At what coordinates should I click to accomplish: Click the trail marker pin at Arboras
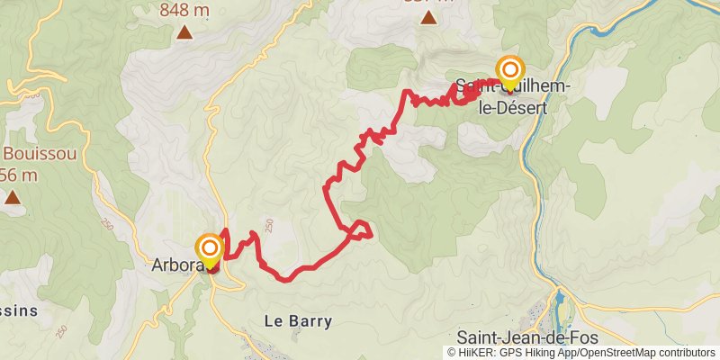pyautogui.click(x=210, y=251)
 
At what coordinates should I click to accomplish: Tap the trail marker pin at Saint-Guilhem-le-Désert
pyautogui.click(x=510, y=72)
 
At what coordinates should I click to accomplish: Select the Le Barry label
pyautogui.click(x=298, y=320)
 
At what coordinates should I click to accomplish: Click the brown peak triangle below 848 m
pyautogui.click(x=184, y=33)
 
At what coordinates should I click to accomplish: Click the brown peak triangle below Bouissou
pyautogui.click(x=13, y=195)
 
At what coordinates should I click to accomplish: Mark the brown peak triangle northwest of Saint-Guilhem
pyautogui.click(x=429, y=17)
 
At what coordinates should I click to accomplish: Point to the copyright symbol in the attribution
pyautogui.click(x=452, y=353)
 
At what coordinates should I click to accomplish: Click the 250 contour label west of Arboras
pyautogui.click(x=109, y=223)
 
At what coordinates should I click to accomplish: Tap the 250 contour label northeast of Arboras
pyautogui.click(x=268, y=223)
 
